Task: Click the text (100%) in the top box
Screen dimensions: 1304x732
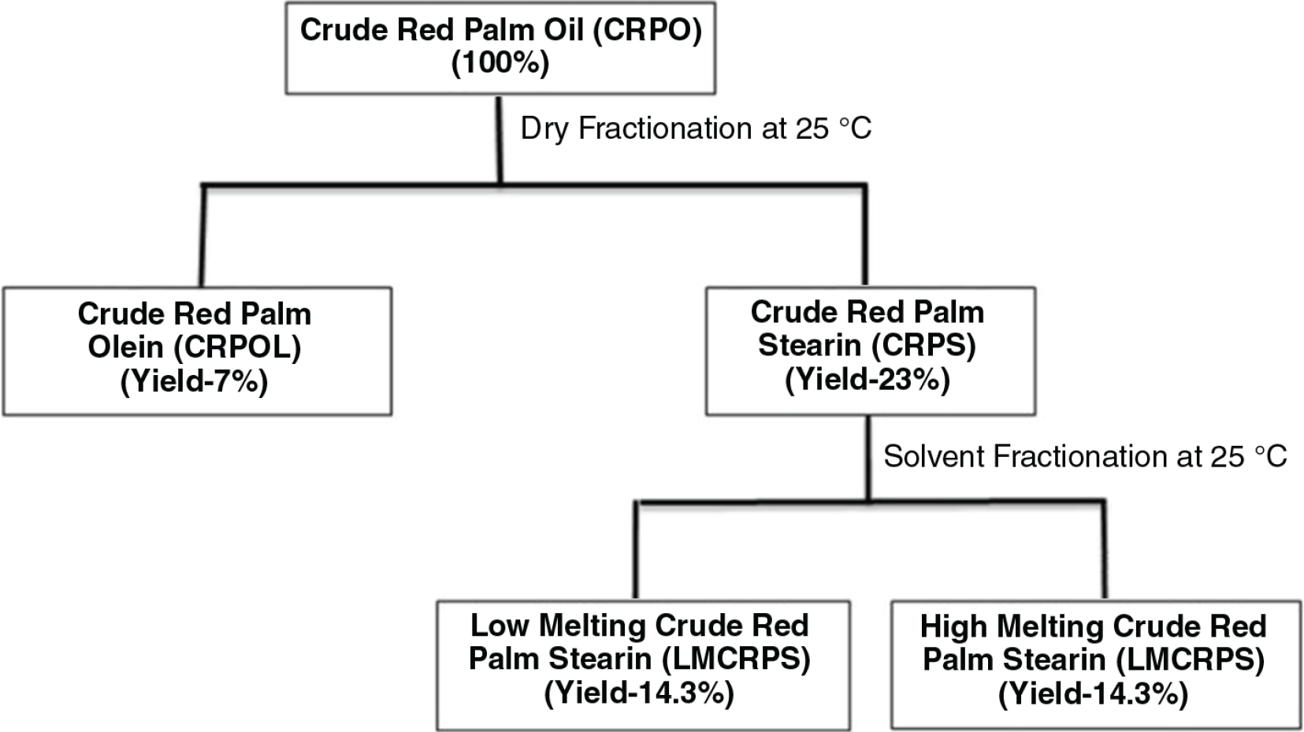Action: point(500,63)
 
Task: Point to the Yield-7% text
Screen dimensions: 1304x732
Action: point(195,382)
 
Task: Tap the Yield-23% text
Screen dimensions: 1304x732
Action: point(867,381)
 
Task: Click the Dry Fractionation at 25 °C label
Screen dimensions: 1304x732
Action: point(697,128)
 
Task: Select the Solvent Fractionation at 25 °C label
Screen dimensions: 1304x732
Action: point(1085,456)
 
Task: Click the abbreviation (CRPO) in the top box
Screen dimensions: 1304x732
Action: point(648,30)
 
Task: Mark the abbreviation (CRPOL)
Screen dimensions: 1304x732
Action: point(237,347)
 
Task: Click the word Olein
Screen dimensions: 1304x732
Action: point(126,347)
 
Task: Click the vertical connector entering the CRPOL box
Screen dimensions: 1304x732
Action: point(202,236)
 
